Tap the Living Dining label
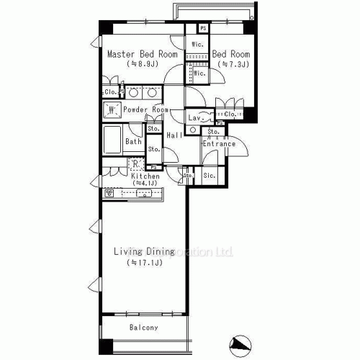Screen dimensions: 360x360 tap(144, 251)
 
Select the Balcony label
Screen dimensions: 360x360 tap(144, 328)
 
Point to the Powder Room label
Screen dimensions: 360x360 tap(145, 109)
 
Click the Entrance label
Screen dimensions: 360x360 tap(219, 144)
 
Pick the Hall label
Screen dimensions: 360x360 tap(174, 135)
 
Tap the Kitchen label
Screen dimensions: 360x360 tap(145, 176)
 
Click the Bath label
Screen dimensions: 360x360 tap(134, 142)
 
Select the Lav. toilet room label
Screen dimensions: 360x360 tap(194, 117)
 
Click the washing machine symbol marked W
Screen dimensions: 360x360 tap(112, 109)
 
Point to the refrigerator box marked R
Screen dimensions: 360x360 tap(135, 163)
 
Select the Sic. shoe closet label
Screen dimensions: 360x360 tap(209, 175)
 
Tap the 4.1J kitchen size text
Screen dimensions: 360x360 tap(145, 184)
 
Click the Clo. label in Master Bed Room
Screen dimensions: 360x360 tap(110, 92)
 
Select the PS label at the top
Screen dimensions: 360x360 tap(204, 28)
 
